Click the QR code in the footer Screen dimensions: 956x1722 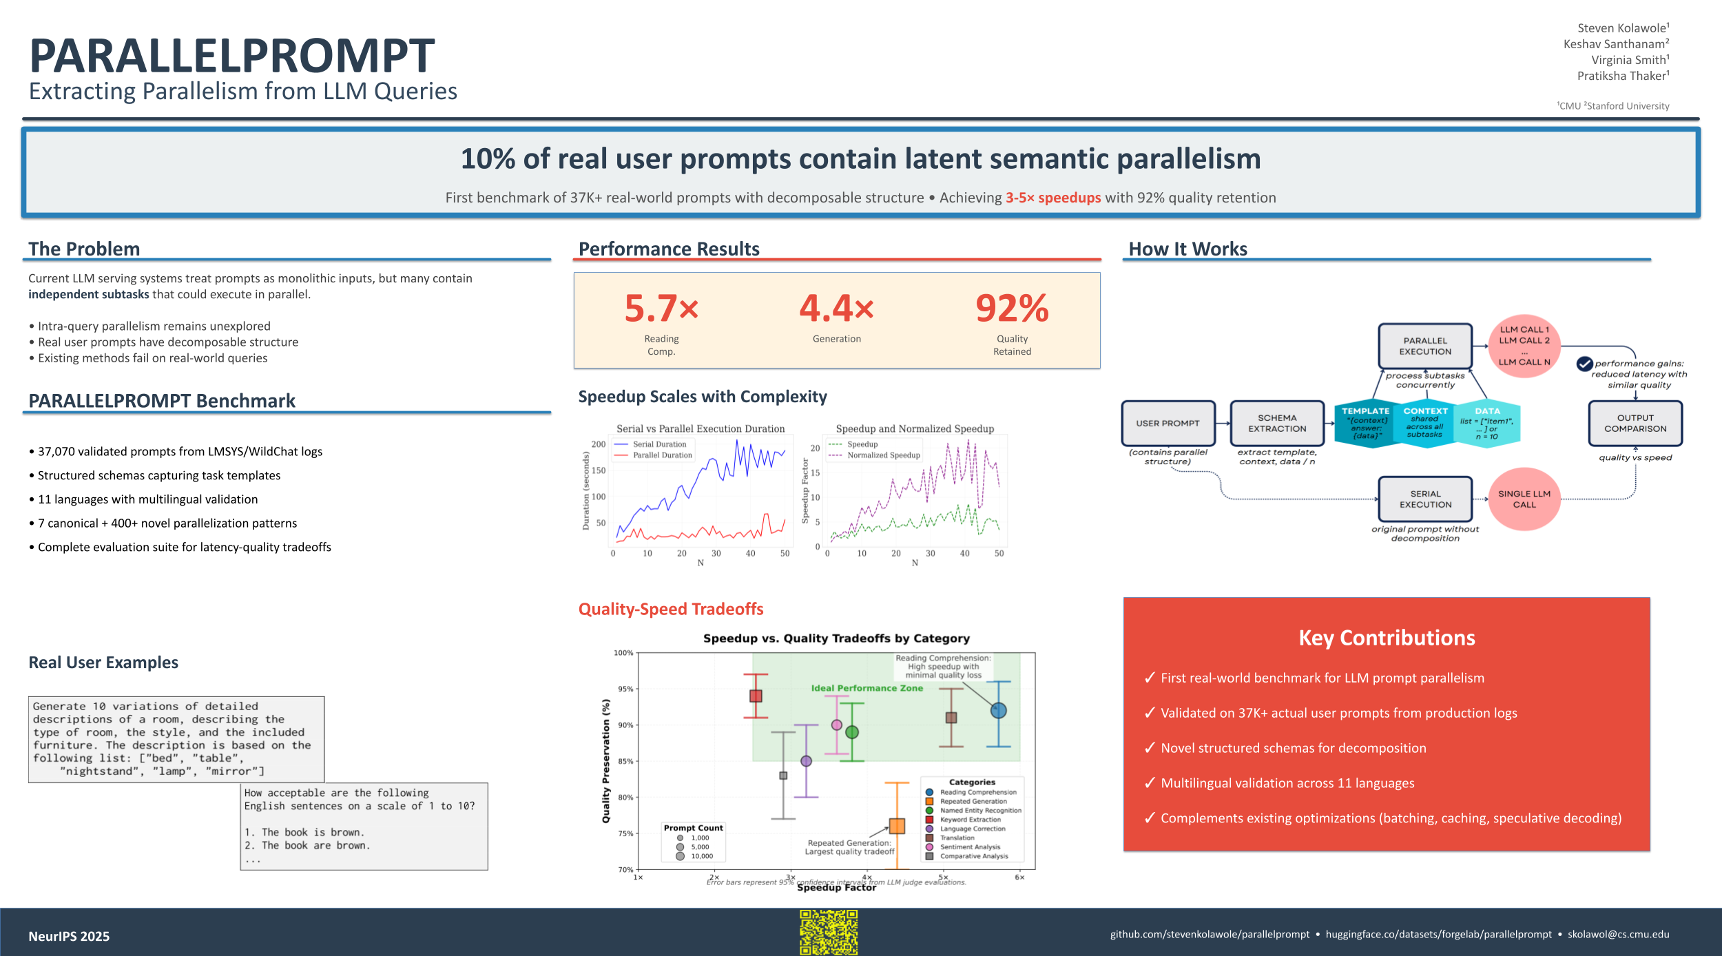[829, 932]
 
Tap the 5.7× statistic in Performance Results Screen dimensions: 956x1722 [661, 308]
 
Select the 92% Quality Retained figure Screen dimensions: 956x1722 [1012, 308]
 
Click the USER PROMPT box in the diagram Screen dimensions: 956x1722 [1168, 424]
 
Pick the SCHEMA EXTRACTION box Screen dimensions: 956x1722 [1277, 424]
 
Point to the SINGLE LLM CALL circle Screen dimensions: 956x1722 [1524, 499]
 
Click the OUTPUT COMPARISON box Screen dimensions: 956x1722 [1635, 424]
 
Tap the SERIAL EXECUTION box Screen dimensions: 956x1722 [1425, 499]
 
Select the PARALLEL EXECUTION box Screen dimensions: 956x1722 [1425, 346]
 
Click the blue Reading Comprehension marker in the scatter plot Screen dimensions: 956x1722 [998, 710]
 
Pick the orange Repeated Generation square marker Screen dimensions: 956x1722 [897, 826]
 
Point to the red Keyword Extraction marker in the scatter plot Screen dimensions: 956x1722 [756, 696]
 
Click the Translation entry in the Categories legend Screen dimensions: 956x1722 [957, 838]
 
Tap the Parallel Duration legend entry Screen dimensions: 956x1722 [662, 455]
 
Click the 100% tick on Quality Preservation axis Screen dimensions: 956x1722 [623, 653]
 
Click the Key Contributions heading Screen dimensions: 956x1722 [1387, 638]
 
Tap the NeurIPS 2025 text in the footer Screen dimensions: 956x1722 [69, 936]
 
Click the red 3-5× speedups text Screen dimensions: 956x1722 [1053, 198]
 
